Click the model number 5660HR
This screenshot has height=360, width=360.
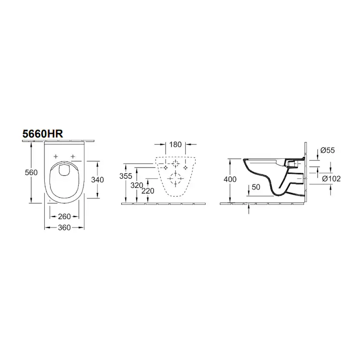pos(43,133)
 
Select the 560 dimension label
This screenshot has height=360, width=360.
pos(31,172)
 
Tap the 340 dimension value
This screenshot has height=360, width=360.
pos(97,180)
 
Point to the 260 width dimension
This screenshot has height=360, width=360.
pos(64,216)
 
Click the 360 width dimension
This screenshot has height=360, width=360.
pos(64,227)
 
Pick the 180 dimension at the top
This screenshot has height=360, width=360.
pos(175,144)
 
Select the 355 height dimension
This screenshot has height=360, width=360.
pos(126,176)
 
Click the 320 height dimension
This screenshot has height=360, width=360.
pos(137,185)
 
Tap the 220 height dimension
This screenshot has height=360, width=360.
pos(148,190)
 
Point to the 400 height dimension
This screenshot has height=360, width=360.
pos(230,179)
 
